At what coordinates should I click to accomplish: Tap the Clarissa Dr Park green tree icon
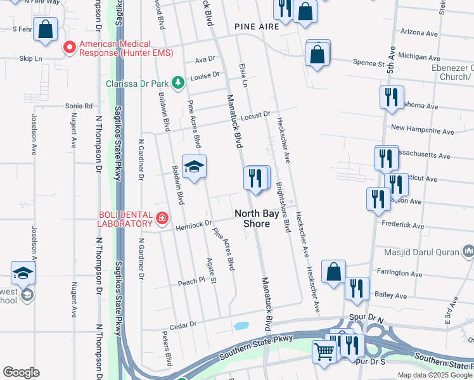point(179,82)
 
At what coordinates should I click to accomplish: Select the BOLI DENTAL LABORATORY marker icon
point(162,218)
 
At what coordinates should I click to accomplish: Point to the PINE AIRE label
point(257,27)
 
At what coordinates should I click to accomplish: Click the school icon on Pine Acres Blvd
point(195,167)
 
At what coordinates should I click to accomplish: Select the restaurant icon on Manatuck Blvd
point(255,178)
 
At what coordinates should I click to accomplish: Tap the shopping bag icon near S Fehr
point(46,29)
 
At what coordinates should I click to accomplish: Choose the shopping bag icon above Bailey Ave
point(333,272)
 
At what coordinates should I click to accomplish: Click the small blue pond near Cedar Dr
point(241,327)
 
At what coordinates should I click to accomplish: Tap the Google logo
point(21,372)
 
